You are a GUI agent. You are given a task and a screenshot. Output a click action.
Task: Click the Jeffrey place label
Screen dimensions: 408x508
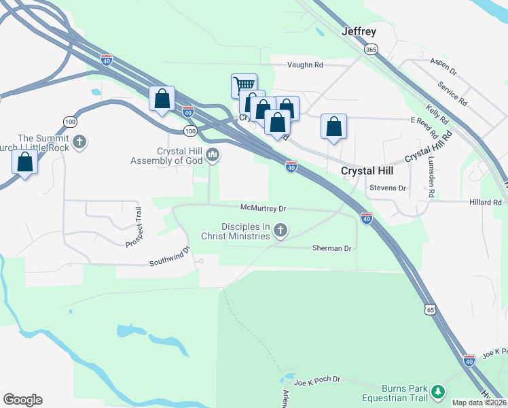pos(359,31)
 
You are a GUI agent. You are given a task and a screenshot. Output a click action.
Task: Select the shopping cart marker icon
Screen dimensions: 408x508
pos(244,86)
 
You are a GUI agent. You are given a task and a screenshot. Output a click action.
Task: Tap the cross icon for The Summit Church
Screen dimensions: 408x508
pos(80,143)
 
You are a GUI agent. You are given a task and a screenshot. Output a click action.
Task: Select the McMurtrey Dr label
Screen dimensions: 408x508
pos(264,207)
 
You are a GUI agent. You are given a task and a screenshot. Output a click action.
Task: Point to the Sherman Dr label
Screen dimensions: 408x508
pos(331,248)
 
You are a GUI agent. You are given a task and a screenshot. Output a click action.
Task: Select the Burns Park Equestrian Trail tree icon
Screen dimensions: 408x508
pos(439,390)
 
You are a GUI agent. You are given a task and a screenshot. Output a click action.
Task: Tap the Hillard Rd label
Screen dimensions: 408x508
pos(485,202)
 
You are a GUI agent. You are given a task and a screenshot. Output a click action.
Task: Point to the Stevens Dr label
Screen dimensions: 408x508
pos(387,188)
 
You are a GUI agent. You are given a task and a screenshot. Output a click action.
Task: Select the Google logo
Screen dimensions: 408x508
pos(22,400)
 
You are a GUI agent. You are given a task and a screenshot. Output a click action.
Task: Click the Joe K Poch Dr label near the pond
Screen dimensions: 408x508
pos(316,381)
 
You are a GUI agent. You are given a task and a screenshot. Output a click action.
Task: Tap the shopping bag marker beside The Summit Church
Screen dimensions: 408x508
pos(24,163)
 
